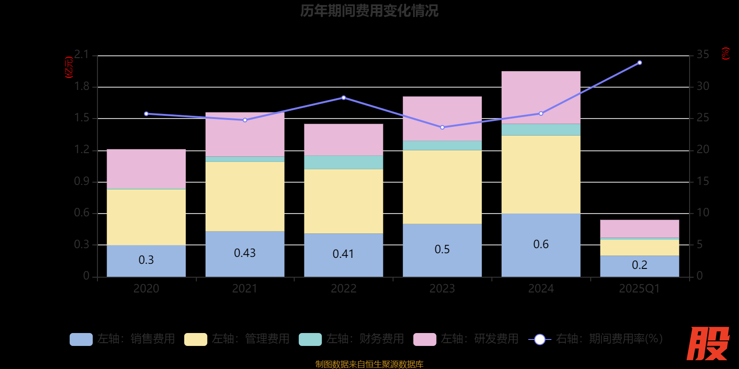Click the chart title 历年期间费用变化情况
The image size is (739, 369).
coord(369,11)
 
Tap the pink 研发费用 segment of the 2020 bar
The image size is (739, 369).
coord(146,168)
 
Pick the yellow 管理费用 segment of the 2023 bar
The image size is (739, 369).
coord(442,187)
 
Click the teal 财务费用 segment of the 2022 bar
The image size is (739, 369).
coord(343,162)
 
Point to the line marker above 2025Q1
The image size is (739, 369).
coord(639,63)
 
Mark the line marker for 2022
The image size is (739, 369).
coord(343,98)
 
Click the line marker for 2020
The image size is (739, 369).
coord(146,114)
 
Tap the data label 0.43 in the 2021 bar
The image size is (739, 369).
coord(245,253)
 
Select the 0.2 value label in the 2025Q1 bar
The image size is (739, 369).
coord(639,265)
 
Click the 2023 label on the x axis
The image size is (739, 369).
coord(442,289)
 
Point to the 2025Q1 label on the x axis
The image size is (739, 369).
coord(639,289)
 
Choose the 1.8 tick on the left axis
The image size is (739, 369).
coord(82,87)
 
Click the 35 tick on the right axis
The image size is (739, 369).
coord(703,55)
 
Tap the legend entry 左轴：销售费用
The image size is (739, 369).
coord(122,339)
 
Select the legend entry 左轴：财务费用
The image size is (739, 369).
coord(351,339)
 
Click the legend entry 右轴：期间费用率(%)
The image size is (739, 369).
coord(596,339)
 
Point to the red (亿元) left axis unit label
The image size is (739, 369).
coord(69,67)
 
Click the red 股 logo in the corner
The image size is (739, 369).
coord(708,344)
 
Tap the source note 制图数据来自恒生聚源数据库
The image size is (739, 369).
coord(369,364)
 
